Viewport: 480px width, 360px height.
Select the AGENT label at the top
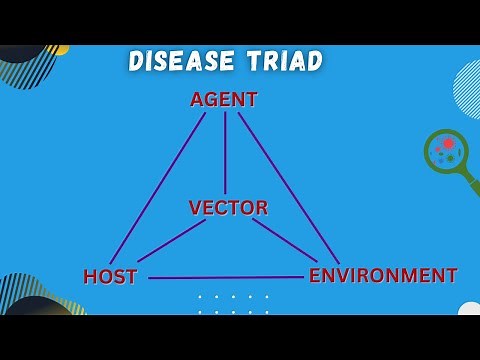(x=224, y=100)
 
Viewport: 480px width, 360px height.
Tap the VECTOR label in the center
(x=228, y=208)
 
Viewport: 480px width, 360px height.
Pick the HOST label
(x=110, y=277)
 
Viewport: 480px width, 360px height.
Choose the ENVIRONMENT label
(x=383, y=275)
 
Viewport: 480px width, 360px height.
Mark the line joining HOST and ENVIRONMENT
(x=225, y=277)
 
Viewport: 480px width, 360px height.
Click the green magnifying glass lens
(x=445, y=151)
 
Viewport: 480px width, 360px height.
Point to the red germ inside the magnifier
(x=449, y=144)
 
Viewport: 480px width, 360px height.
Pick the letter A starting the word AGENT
(x=197, y=100)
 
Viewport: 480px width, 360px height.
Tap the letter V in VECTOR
(x=196, y=208)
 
